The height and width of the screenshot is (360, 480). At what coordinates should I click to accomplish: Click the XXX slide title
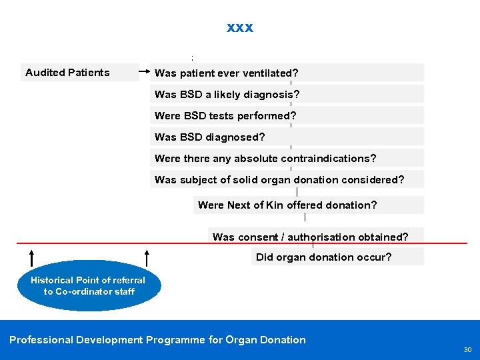click(240, 28)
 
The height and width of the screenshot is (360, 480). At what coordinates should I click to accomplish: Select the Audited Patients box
click(67, 73)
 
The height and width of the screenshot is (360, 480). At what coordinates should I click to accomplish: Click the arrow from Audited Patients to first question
click(144, 69)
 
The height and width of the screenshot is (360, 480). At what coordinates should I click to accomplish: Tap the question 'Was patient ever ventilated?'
click(226, 73)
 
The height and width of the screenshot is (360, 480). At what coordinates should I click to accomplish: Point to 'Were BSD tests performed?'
click(225, 116)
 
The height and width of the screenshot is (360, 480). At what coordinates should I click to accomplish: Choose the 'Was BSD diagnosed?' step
click(209, 137)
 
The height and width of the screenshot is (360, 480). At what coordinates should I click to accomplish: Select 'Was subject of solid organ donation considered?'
click(279, 180)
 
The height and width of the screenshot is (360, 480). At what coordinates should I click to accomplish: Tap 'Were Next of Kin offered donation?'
click(287, 205)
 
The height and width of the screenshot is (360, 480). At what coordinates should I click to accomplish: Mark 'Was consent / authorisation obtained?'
click(310, 237)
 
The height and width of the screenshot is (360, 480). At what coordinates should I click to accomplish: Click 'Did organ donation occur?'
click(324, 257)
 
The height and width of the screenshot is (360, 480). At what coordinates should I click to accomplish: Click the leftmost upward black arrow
click(31, 257)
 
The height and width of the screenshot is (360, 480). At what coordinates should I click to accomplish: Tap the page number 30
click(467, 350)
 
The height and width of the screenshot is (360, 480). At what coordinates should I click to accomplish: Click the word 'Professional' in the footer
click(41, 340)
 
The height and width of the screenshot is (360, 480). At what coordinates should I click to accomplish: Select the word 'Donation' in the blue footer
click(284, 340)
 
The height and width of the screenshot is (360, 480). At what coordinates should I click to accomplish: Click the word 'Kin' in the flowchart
click(274, 205)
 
